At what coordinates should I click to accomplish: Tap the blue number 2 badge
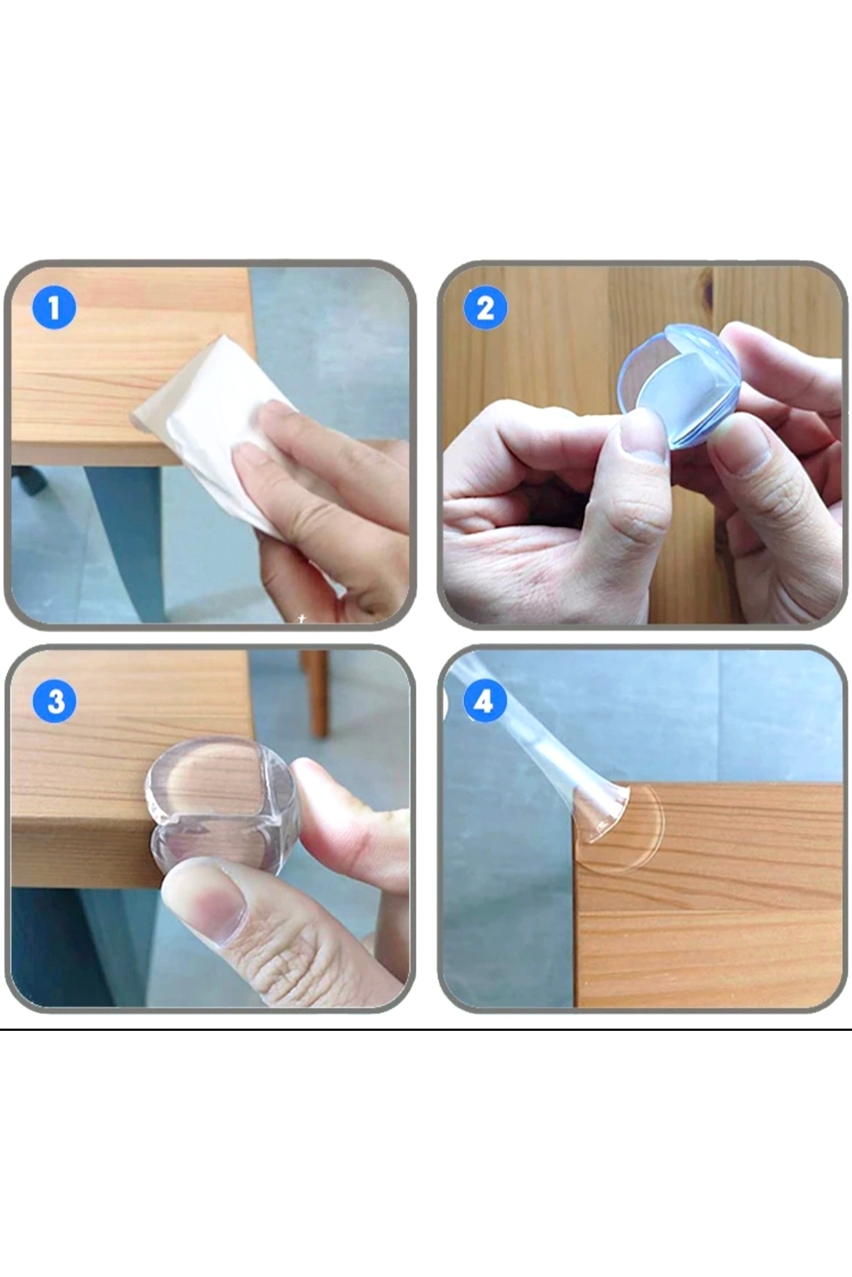[x=485, y=309]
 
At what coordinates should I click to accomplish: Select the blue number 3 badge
[x=55, y=702]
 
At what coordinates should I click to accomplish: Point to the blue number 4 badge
[x=484, y=702]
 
